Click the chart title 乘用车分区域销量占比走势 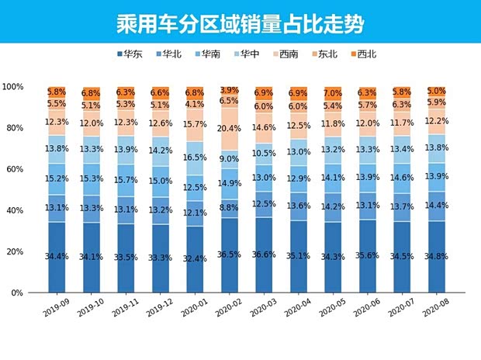(240, 21)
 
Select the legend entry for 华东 (133, 54)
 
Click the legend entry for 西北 (362, 54)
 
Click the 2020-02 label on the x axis (230, 313)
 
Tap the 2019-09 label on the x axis (56, 313)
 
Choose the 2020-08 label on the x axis (437, 313)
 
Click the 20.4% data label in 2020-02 (229, 129)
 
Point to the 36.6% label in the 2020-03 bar (264, 255)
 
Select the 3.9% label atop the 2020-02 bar (229, 90)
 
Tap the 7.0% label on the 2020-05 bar (334, 93)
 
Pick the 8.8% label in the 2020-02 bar (229, 208)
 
